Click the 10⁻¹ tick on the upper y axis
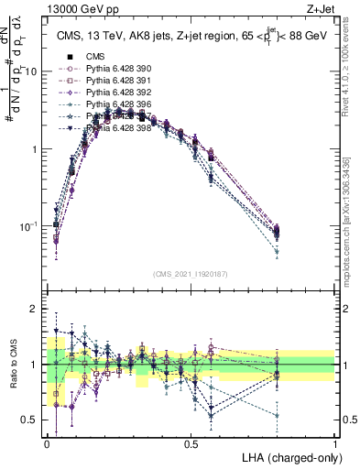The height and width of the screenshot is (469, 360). (x=30, y=225)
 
